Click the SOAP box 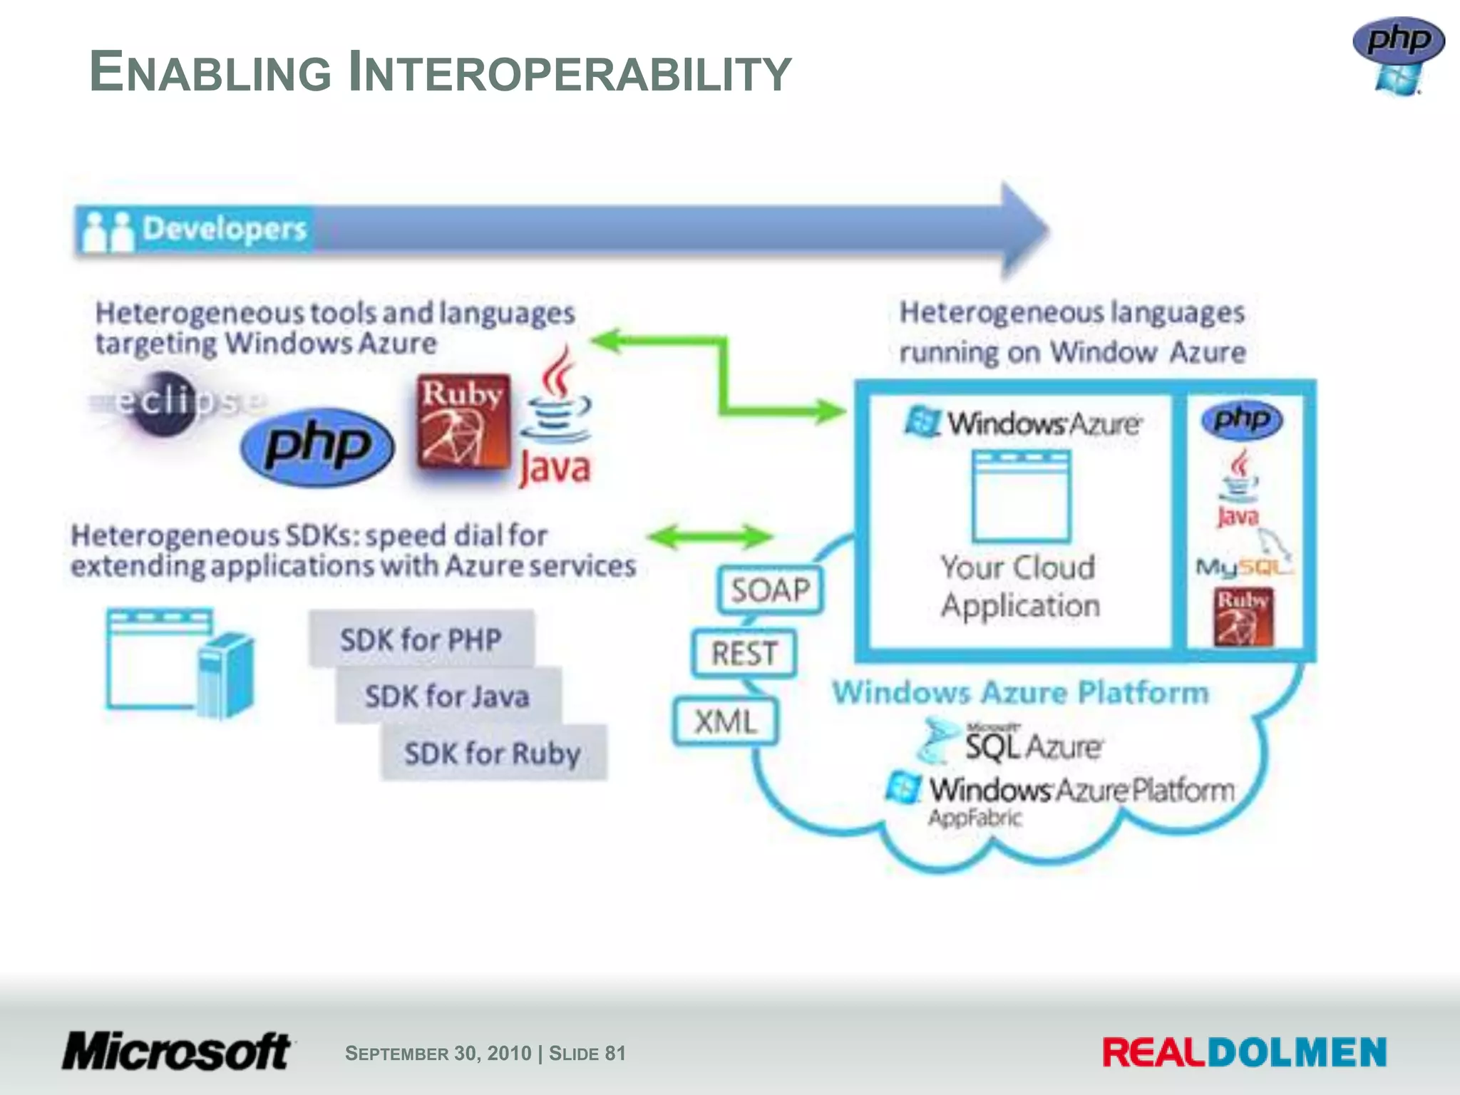771,590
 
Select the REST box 744,653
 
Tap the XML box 726,721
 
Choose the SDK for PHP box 421,639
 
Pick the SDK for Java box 447,696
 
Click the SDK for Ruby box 493,753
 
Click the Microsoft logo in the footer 177,1052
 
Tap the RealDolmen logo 1244,1053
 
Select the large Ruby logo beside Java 463,421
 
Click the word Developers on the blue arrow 224,229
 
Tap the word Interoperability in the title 570,73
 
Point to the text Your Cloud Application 1019,586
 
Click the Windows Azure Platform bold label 1020,692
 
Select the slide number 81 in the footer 615,1053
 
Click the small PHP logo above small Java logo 1243,420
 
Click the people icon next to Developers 108,231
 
